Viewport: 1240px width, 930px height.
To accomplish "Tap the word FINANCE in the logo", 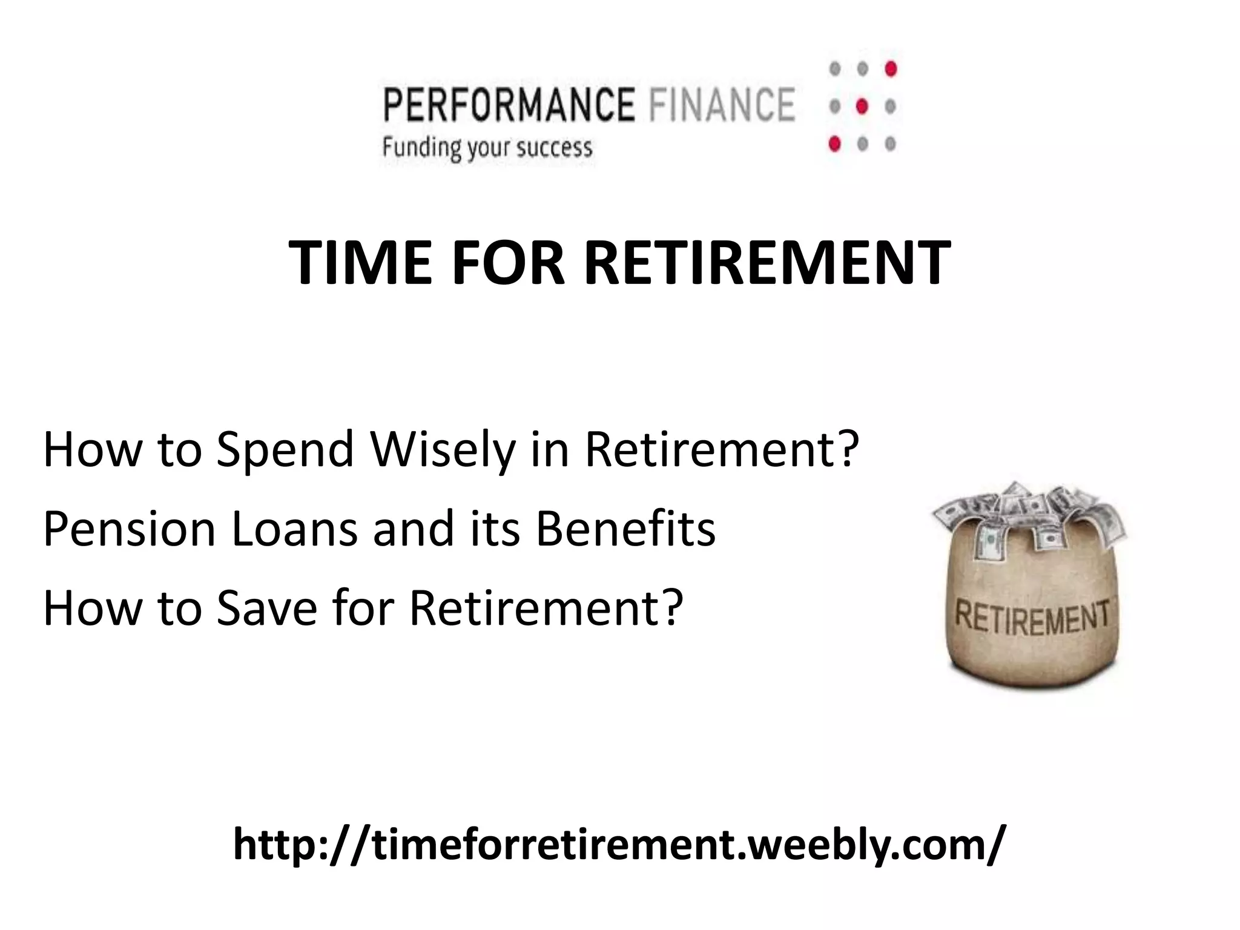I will tap(721, 105).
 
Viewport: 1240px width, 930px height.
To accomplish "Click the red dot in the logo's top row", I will tap(890, 68).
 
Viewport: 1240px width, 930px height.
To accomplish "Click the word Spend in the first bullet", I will tap(285, 451).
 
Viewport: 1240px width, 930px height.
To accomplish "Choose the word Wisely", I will tap(443, 451).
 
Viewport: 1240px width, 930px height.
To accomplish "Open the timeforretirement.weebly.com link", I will tap(619, 845).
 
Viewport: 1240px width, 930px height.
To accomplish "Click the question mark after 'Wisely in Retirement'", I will tap(846, 451).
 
